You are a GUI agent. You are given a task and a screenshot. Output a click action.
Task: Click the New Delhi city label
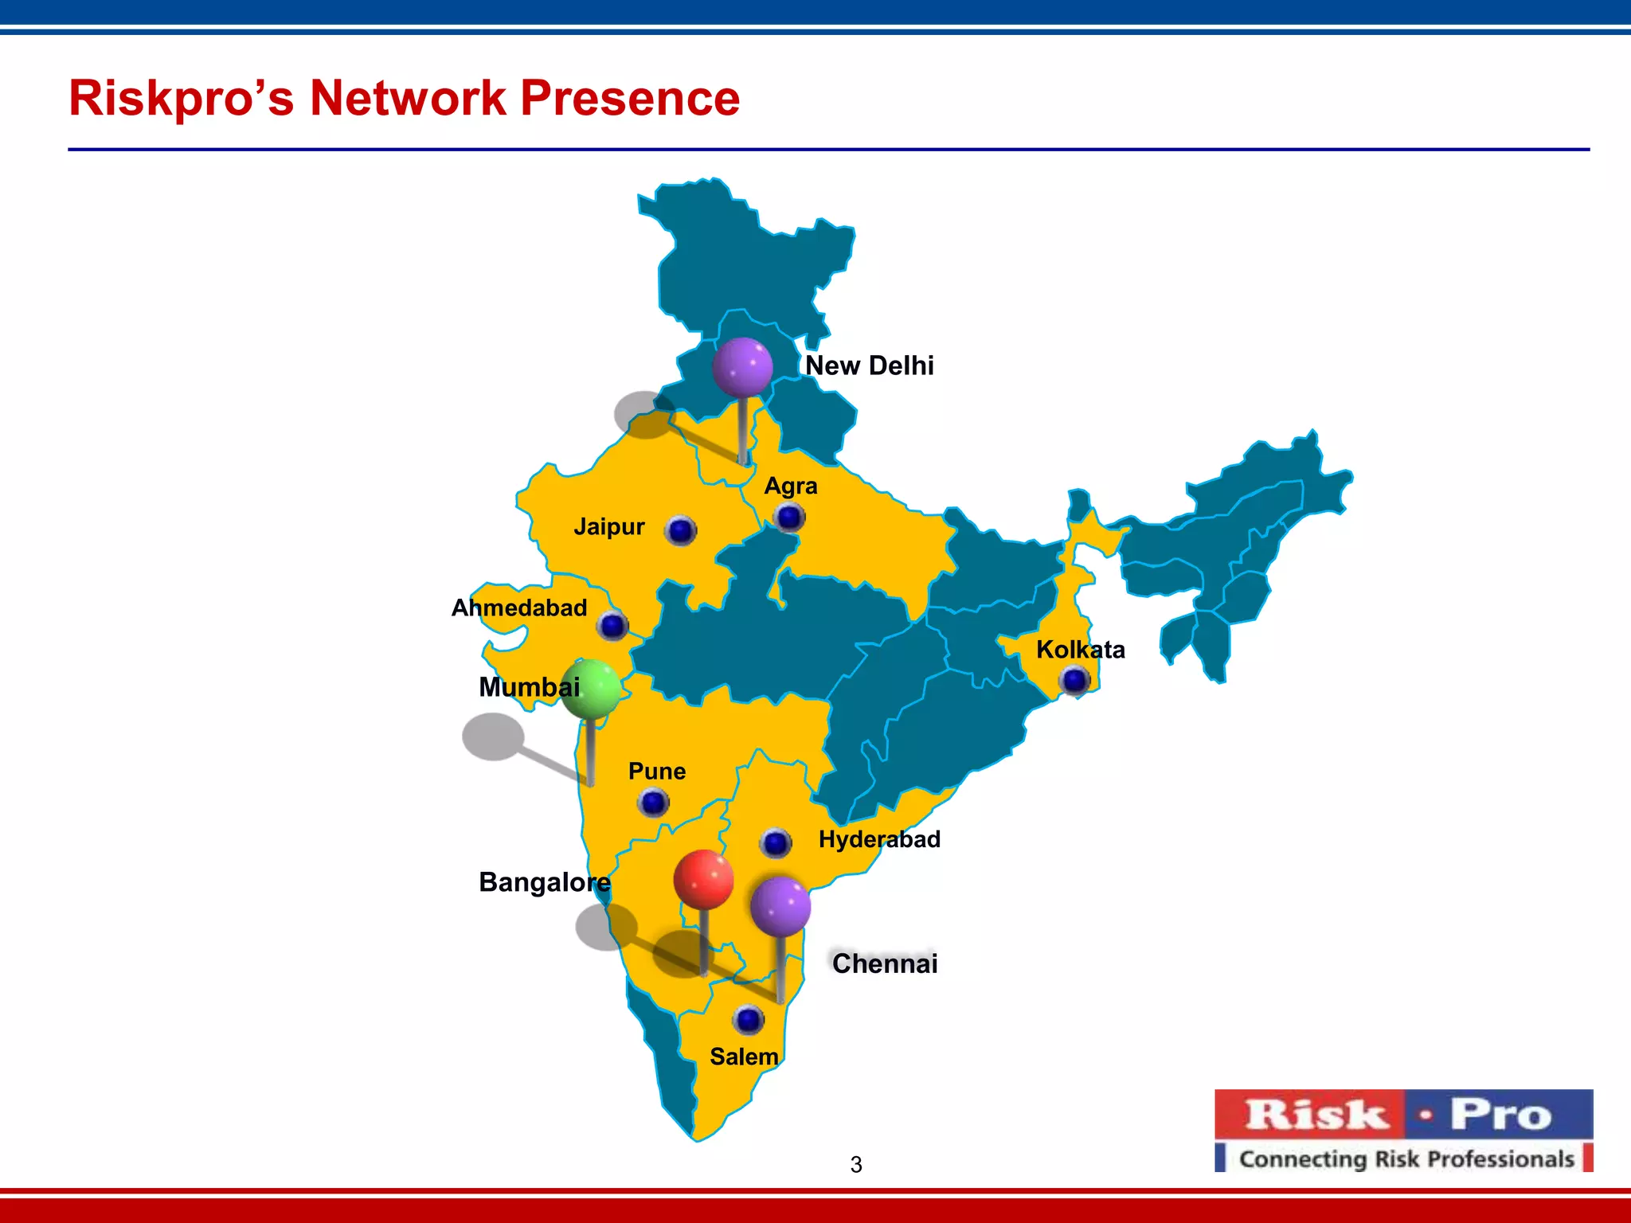(869, 365)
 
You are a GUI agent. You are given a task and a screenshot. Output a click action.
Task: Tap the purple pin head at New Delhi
(742, 366)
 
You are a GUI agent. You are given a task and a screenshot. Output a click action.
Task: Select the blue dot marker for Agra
(789, 518)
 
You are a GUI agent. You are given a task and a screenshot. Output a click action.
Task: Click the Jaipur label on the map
(609, 527)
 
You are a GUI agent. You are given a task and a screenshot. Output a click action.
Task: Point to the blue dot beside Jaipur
(681, 530)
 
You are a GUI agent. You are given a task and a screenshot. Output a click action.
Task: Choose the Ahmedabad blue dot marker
(613, 626)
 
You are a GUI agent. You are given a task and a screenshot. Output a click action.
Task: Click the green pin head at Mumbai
(590, 689)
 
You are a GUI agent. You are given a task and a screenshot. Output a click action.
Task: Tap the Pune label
(657, 771)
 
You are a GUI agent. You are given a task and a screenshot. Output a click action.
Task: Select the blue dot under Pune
(654, 803)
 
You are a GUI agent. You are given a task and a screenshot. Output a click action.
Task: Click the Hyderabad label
(879, 839)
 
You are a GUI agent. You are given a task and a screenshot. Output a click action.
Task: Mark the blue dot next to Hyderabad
(776, 842)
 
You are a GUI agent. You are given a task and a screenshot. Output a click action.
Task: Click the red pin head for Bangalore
(703, 879)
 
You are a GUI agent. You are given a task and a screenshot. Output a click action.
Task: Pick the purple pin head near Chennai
(780, 907)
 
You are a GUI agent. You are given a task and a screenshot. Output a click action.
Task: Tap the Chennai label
(885, 963)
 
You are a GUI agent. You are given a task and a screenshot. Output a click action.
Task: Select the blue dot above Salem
(749, 1020)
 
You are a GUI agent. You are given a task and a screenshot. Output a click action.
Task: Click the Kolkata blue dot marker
(1075, 681)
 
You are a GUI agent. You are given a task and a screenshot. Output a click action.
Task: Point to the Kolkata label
(1080, 650)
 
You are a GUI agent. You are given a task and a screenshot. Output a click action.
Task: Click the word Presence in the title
(630, 98)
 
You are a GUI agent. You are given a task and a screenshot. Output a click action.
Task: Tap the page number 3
(856, 1165)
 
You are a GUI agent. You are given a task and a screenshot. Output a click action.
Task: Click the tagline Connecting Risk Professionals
(1406, 1159)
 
